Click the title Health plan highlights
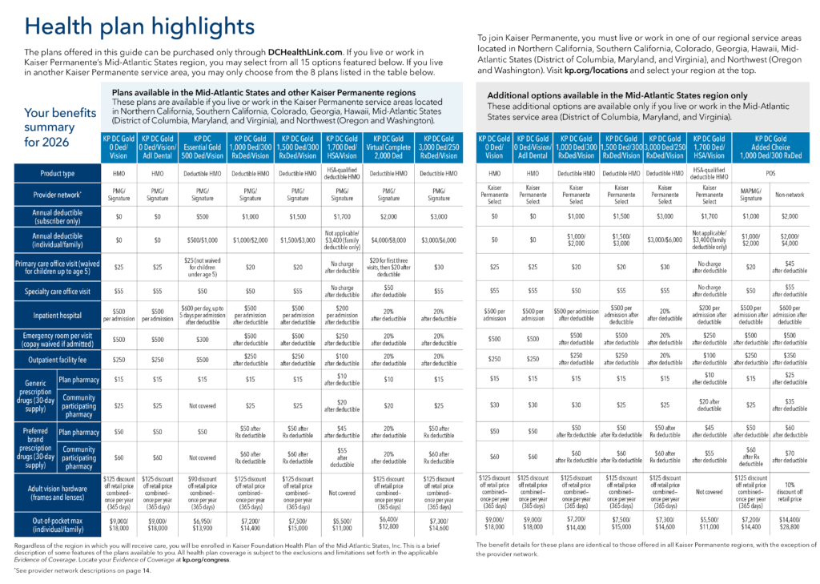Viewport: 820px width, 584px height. [140, 26]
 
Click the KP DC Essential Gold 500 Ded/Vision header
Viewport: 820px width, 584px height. [204, 146]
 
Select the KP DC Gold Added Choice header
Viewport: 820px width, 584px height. [770, 146]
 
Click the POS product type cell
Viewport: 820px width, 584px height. [770, 174]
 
